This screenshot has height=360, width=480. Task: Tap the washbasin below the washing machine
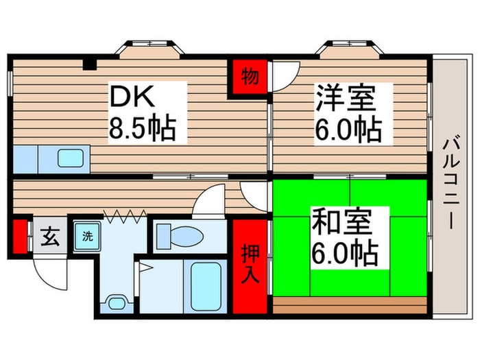click(x=117, y=301)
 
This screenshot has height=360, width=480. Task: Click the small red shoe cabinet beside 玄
click(x=20, y=236)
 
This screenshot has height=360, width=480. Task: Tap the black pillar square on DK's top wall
click(x=88, y=65)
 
